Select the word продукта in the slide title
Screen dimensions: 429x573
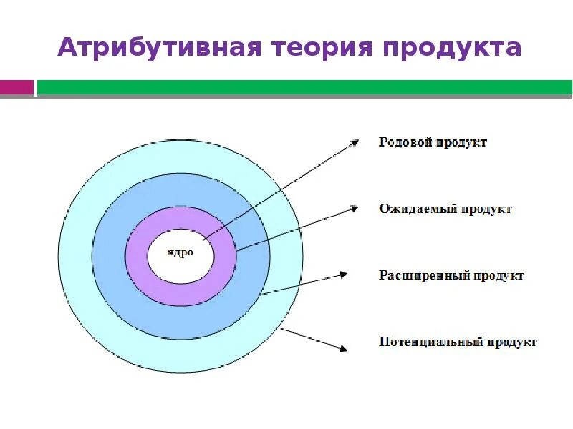coord(452,48)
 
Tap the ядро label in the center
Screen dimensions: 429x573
coord(180,254)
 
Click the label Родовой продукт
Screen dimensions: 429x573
coord(433,142)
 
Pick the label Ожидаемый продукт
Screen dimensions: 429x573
coord(445,209)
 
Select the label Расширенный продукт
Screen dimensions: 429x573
coord(451,275)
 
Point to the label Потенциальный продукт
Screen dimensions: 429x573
coord(458,342)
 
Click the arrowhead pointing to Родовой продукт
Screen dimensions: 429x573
coord(355,142)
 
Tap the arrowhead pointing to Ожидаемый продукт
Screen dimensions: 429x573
coord(353,208)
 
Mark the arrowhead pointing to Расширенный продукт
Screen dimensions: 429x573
coord(345,274)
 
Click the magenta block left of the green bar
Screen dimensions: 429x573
coord(16,88)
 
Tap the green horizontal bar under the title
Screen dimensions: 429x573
coord(304,88)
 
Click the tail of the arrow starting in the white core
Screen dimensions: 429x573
coord(203,239)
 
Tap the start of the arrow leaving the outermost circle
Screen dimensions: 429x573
coord(281,328)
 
